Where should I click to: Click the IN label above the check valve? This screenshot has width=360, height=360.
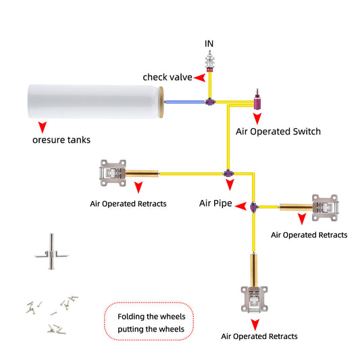tap(209, 43)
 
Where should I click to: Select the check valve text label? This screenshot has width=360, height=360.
tap(168, 77)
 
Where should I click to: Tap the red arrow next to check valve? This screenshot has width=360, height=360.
tap(200, 78)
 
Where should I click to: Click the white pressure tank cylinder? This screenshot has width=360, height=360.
tap(93, 101)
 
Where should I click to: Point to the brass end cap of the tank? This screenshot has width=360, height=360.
tap(161, 102)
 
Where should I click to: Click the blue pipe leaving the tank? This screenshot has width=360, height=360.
tap(185, 102)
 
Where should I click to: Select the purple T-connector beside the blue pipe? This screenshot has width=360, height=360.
tap(210, 101)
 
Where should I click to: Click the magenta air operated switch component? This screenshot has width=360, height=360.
tap(257, 101)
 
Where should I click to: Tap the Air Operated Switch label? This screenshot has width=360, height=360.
tap(278, 132)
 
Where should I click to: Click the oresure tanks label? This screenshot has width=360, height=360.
tap(61, 140)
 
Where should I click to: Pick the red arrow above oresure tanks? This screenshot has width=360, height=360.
tap(43, 127)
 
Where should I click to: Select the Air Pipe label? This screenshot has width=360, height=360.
tap(215, 203)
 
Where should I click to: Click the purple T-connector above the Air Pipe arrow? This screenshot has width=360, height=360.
tap(228, 174)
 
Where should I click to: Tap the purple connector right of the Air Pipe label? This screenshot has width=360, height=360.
tap(253, 207)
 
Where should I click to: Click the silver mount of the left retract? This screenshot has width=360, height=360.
tap(113, 173)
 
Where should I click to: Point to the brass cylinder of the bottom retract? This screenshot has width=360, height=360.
tap(254, 270)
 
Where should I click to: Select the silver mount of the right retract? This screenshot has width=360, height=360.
tap(325, 208)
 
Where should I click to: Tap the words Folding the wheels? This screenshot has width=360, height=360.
tap(151, 317)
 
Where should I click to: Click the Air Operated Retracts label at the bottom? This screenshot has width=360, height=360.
tap(259, 336)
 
